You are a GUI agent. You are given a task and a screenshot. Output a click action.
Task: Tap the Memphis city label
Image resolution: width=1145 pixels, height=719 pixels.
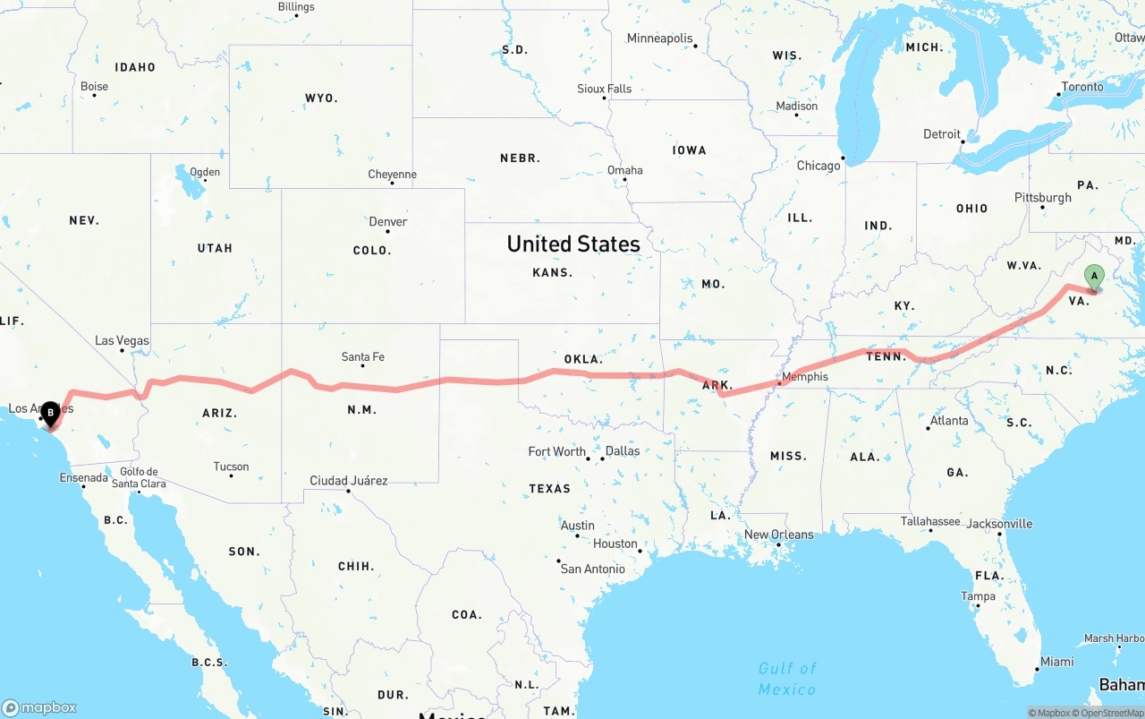[x=805, y=377]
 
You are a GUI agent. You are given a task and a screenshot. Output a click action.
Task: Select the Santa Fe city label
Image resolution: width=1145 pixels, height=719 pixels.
[x=363, y=357]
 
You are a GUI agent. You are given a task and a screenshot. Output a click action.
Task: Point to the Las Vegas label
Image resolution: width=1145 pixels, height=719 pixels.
[x=123, y=341]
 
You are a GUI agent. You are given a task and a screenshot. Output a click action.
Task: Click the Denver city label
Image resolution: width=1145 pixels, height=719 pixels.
[x=388, y=222]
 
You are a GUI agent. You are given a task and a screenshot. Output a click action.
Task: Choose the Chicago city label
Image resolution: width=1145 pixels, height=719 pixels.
[x=818, y=166]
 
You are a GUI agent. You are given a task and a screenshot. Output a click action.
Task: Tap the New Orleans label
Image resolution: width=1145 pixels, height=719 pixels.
[x=779, y=535]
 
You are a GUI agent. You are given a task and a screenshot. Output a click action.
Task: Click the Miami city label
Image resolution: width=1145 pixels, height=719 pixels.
[x=1056, y=662]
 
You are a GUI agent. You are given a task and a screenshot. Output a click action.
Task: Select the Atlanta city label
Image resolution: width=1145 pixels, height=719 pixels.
[x=948, y=421]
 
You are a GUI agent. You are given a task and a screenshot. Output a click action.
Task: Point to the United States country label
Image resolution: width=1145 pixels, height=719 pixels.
[x=573, y=244]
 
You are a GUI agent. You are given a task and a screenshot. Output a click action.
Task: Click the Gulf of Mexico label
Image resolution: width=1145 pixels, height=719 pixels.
[x=787, y=679]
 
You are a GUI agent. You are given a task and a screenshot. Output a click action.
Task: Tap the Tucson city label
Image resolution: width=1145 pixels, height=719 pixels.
[x=231, y=466]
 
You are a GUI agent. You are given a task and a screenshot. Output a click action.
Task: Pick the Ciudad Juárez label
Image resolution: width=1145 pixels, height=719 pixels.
[x=349, y=481]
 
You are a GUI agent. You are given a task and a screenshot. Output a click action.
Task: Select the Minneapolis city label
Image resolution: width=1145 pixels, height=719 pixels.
[x=660, y=39]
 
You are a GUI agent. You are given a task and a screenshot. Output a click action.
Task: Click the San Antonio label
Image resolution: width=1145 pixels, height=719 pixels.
[x=592, y=569]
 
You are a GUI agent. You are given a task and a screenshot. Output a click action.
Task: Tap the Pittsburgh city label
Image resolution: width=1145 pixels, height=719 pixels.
[x=1042, y=198]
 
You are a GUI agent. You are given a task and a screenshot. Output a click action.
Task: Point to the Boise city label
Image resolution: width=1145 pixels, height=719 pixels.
[x=94, y=87]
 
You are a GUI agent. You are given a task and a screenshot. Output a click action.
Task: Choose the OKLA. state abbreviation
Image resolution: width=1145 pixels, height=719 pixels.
[x=583, y=359]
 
